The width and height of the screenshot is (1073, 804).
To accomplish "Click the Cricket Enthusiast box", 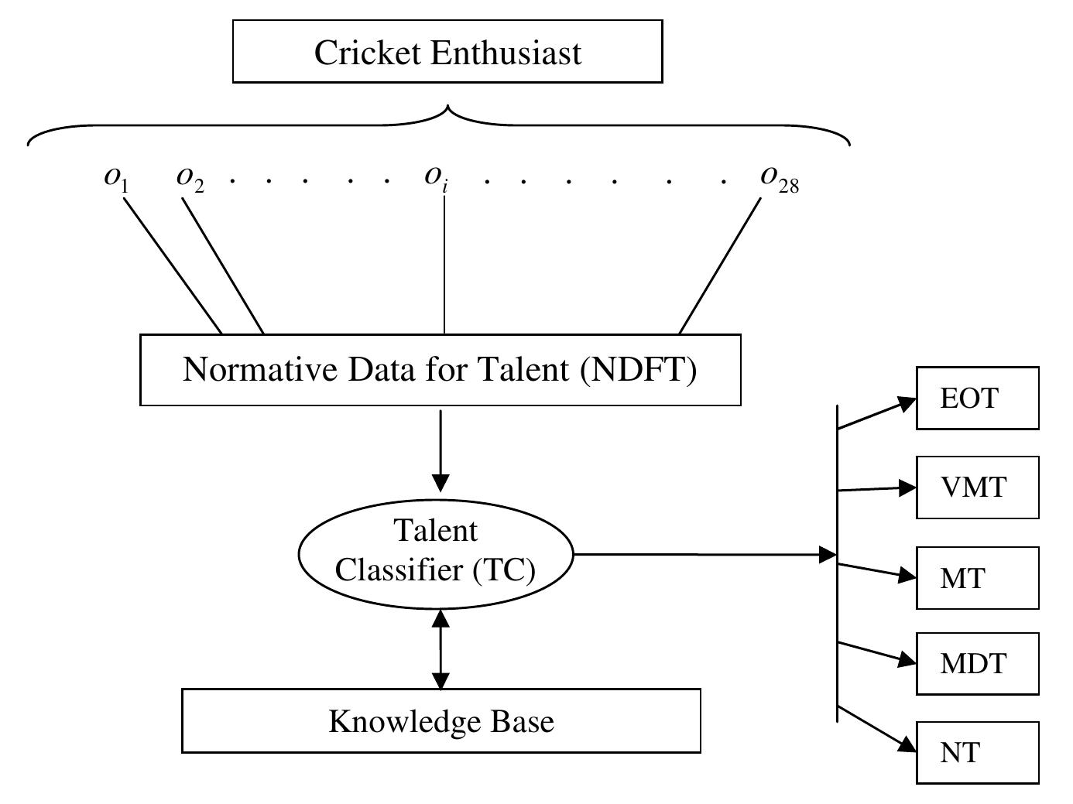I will (447, 52).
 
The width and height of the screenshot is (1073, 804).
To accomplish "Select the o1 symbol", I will (116, 178).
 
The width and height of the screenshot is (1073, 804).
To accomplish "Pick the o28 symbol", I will (779, 179).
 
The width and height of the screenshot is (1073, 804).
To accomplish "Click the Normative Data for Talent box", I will (440, 370).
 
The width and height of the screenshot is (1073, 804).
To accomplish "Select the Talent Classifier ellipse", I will (436, 552).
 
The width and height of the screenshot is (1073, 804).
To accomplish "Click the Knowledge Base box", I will (441, 721).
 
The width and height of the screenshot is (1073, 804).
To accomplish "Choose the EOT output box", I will (977, 399).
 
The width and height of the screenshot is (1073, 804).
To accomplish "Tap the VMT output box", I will (977, 488).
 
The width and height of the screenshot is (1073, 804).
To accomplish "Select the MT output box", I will (977, 577).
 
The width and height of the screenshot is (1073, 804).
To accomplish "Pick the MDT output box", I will (977, 663).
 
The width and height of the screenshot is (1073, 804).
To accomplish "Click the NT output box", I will (977, 752).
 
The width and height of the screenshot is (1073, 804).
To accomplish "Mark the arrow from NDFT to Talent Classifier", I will (441, 449).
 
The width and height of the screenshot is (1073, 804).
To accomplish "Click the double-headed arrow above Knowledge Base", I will (441, 648).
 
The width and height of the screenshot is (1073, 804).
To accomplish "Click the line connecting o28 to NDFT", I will (720, 266).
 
